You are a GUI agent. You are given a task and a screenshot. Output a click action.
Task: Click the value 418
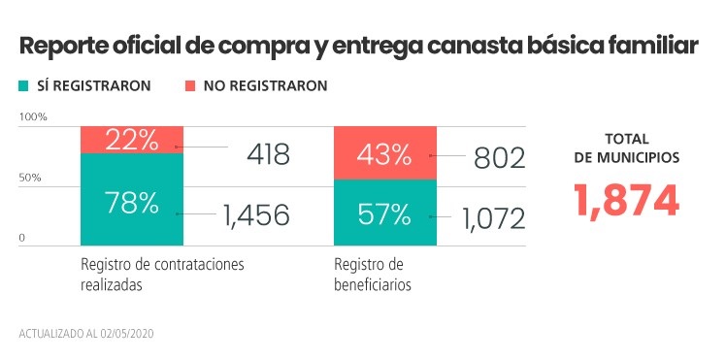tap(254, 153)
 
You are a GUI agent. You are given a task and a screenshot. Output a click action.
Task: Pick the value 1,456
tap(255, 214)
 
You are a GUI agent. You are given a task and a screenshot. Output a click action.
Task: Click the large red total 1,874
tap(626, 199)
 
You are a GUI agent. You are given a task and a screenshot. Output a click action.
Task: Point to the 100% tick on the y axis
tap(33, 117)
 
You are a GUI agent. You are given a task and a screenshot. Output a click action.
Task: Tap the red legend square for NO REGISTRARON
tap(190, 85)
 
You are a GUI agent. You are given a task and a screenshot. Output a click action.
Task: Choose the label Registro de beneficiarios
tap(373, 274)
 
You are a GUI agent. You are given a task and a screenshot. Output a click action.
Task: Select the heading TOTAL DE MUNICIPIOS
tap(626, 147)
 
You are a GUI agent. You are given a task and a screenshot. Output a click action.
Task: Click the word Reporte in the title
tap(67, 47)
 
